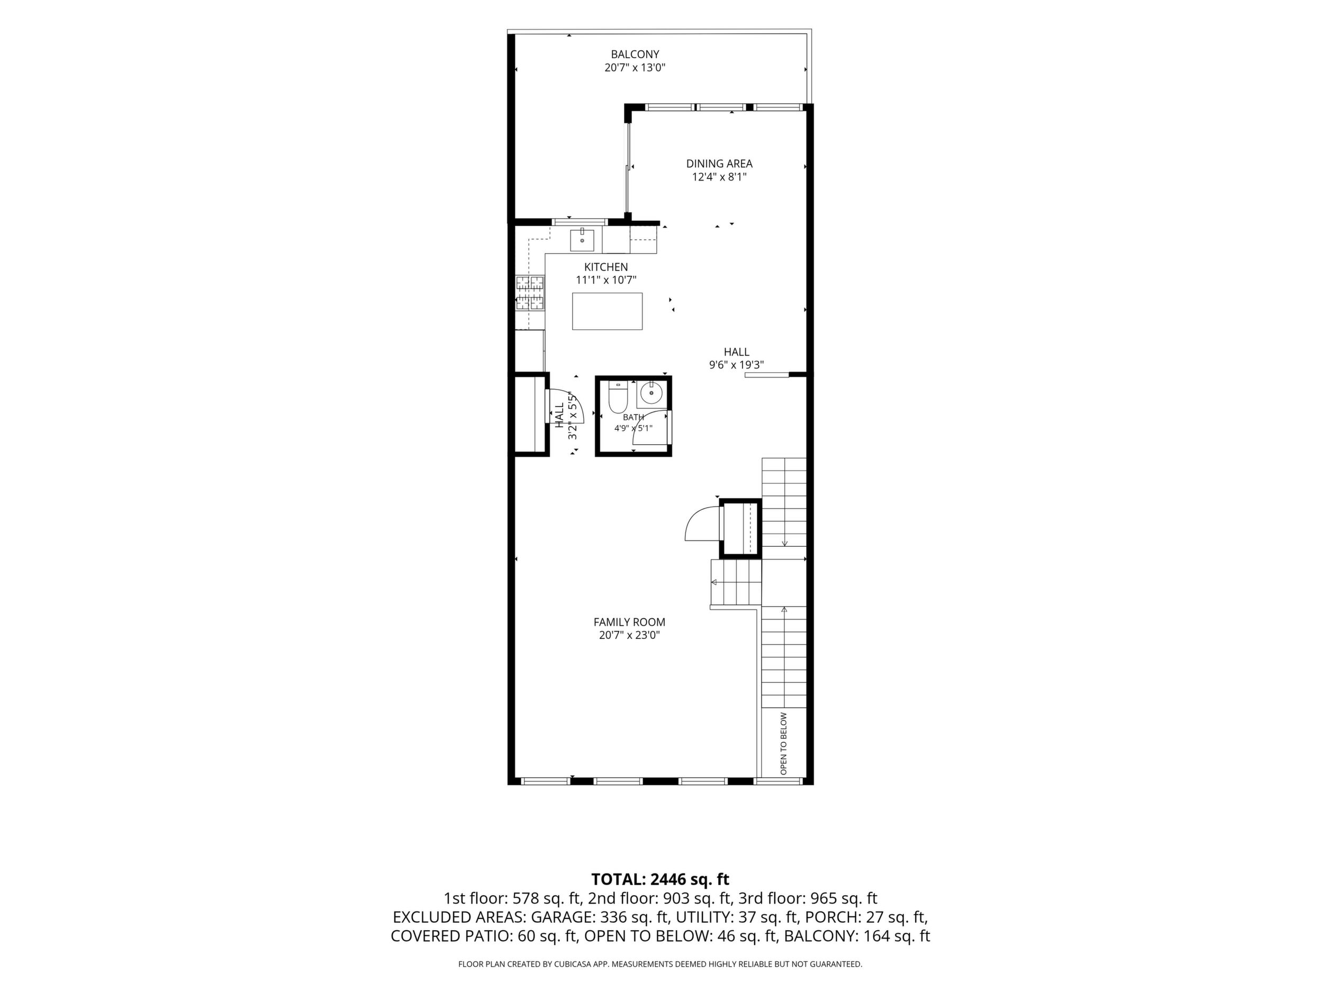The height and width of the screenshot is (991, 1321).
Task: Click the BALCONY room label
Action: [x=635, y=55]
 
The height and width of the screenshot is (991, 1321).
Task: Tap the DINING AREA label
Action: [x=719, y=164]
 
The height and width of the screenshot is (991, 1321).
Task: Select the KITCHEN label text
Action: [x=606, y=267]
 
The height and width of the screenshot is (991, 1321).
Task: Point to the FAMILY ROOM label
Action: [x=629, y=622]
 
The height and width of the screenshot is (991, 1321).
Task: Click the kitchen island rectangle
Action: [x=608, y=311]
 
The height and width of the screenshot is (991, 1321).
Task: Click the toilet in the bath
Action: [x=618, y=397]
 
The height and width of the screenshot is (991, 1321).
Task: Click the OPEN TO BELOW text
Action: [x=783, y=744]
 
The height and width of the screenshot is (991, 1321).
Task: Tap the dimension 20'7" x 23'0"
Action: [x=629, y=636]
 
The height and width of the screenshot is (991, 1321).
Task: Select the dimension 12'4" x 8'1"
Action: [x=719, y=177]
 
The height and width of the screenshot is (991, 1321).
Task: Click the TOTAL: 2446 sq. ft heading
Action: [x=660, y=879]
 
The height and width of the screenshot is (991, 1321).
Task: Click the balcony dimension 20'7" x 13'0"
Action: [x=635, y=68]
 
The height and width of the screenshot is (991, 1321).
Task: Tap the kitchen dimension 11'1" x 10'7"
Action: [x=606, y=280]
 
